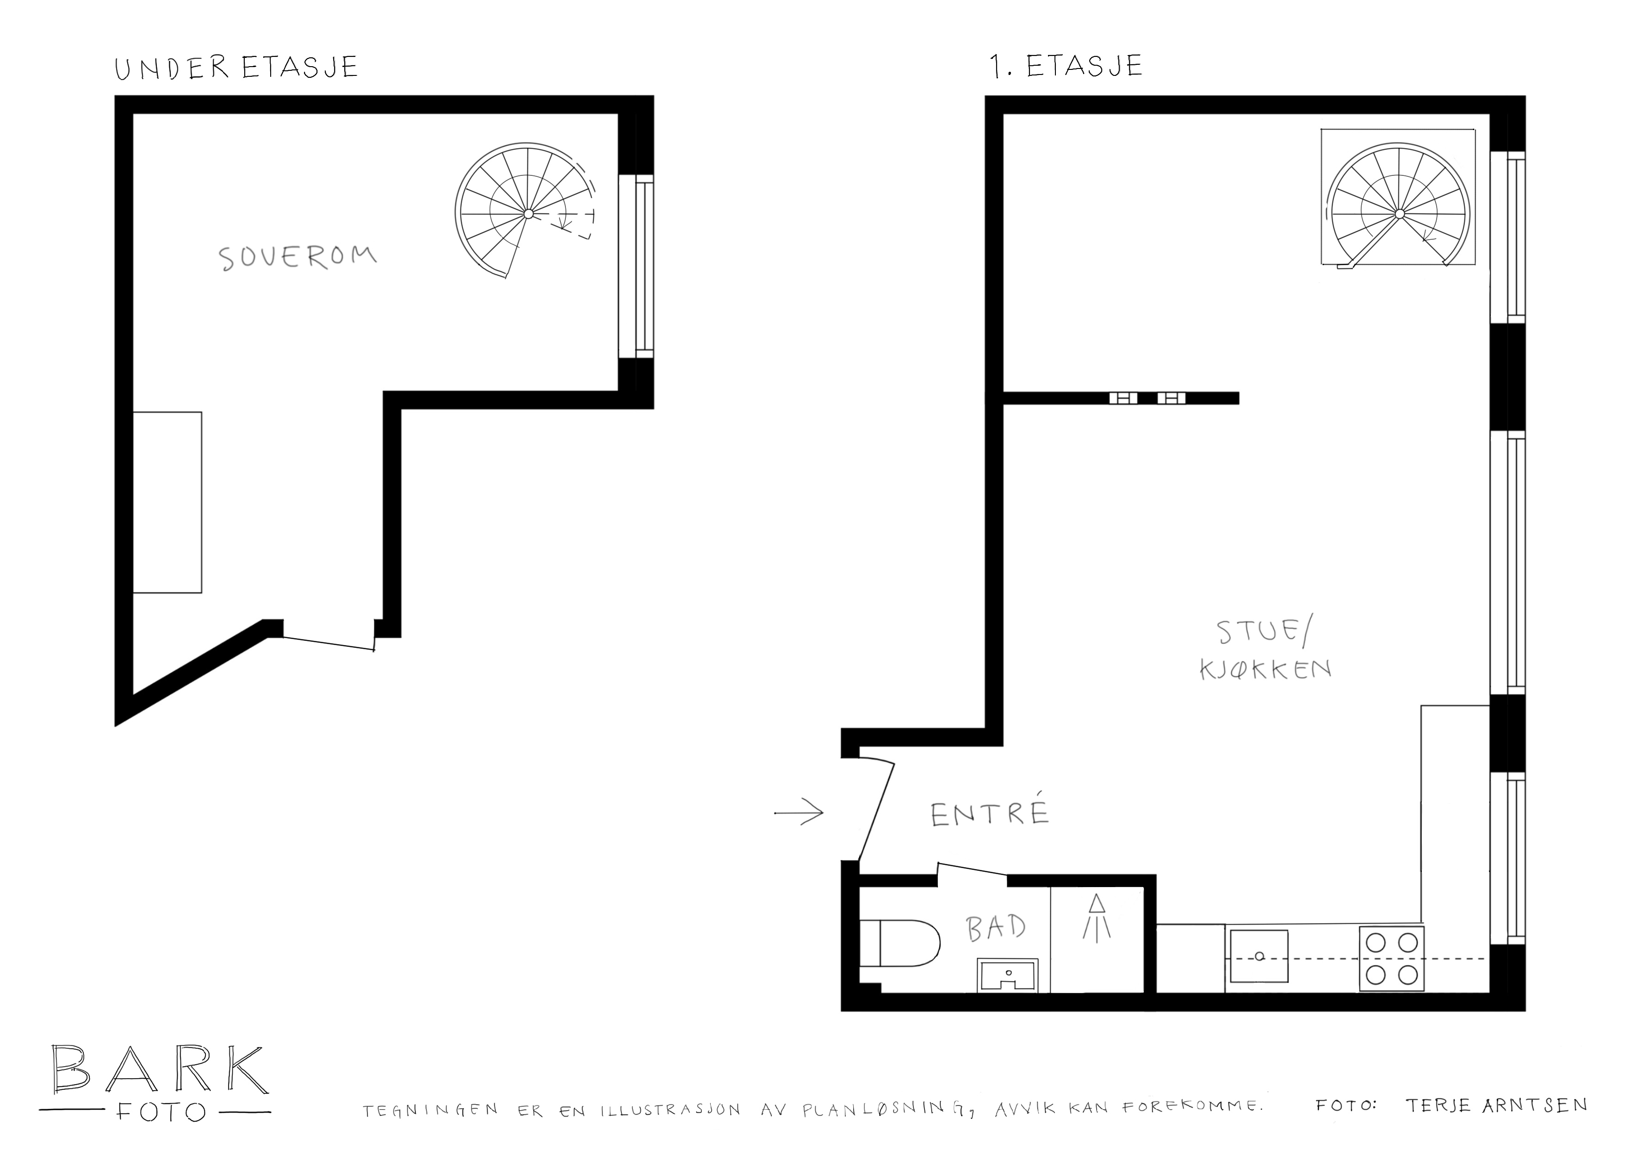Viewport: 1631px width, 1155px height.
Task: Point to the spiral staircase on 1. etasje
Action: [x=1399, y=206]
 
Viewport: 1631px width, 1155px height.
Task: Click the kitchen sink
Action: [x=1259, y=956]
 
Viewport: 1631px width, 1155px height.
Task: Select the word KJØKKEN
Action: [x=1265, y=669]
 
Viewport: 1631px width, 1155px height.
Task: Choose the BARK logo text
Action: [x=161, y=1070]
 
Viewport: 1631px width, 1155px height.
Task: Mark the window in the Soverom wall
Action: [x=636, y=266]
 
